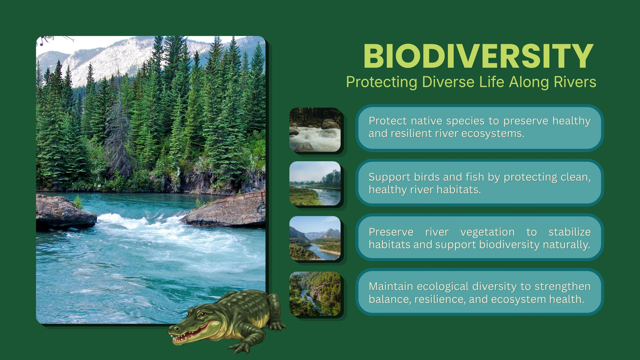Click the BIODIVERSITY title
pyautogui.click(x=478, y=56)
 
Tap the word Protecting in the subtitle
pyautogui.click(x=382, y=82)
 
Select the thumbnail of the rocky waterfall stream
pyautogui.click(x=315, y=130)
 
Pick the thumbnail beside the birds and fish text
pyautogui.click(x=315, y=184)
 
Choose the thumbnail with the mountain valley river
pyautogui.click(x=315, y=238)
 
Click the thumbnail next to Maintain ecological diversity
pyautogui.click(x=315, y=294)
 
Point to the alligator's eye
pyautogui.click(x=202, y=314)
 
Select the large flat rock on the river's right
pyautogui.click(x=226, y=210)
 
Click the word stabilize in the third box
pyautogui.click(x=570, y=232)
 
